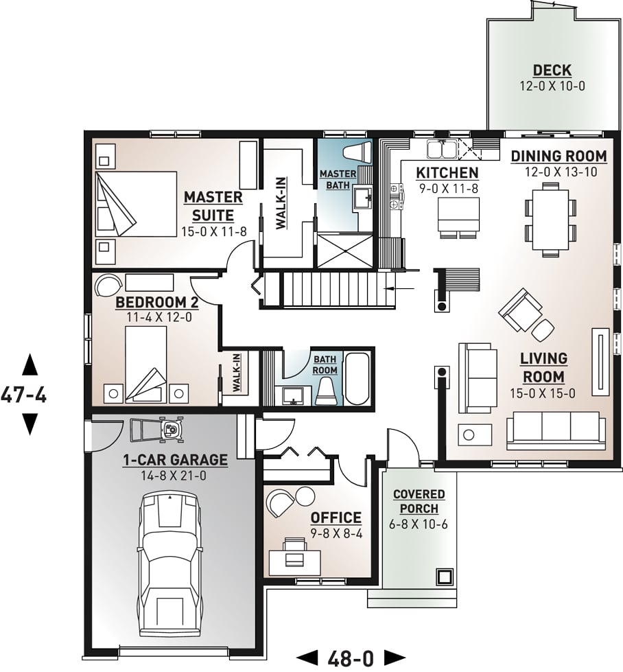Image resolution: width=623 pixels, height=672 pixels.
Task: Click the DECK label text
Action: tap(552, 71)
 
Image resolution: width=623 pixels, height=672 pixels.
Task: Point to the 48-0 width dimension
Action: tap(351, 658)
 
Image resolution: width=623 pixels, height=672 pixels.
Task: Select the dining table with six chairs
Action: tap(551, 217)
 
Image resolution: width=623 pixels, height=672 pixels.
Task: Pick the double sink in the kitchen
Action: tap(440, 149)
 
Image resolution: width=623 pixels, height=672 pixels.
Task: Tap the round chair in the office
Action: tap(281, 504)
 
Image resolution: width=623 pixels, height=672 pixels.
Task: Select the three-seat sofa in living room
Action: tap(556, 429)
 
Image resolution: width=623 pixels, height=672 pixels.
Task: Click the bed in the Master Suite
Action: tap(136, 203)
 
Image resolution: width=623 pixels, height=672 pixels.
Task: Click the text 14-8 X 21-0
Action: tap(174, 476)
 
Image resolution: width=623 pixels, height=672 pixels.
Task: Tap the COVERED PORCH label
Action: tap(419, 502)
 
